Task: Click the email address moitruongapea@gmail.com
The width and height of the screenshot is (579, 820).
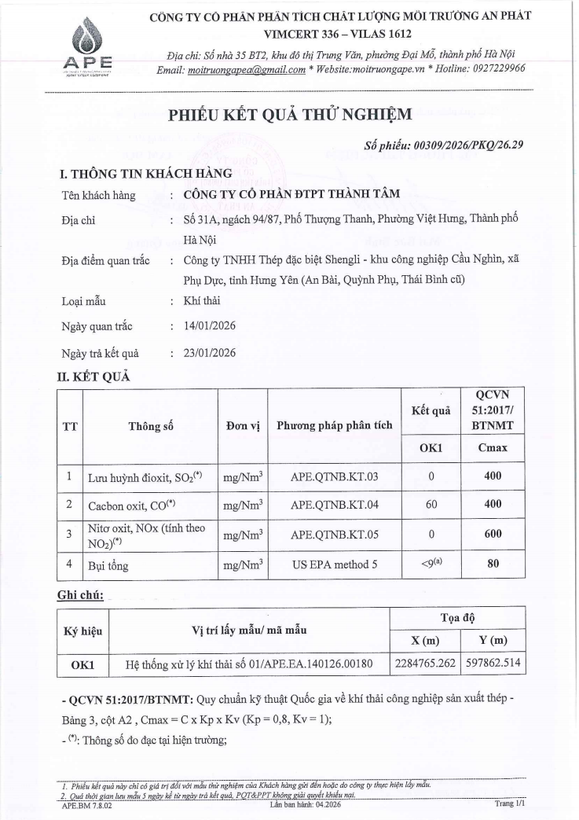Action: point(245,68)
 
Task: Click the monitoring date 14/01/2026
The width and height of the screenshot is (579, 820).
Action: point(209,325)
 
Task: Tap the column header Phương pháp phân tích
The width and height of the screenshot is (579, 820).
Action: point(334,425)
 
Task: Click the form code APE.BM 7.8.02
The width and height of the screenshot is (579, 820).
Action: point(85,804)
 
